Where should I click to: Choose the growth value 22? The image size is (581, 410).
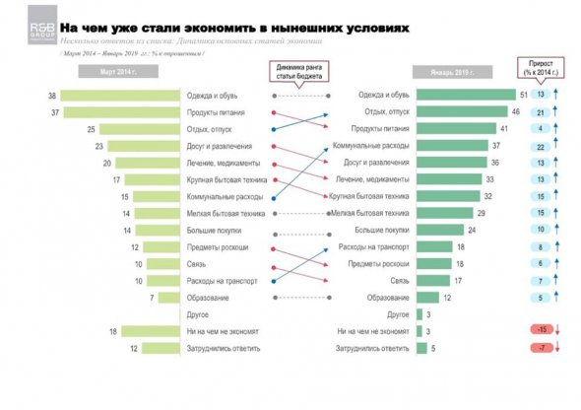[x=542, y=146]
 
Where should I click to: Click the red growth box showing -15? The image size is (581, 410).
[x=542, y=331]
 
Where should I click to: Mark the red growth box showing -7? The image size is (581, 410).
[x=542, y=348]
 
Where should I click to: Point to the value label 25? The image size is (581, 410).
[x=90, y=129]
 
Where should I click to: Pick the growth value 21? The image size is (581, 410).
[x=542, y=112]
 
